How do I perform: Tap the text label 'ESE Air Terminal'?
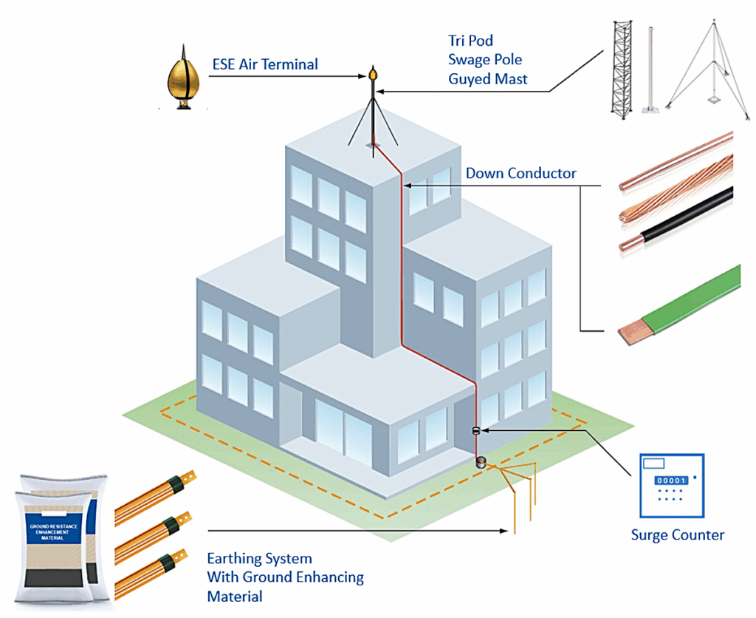click(265, 64)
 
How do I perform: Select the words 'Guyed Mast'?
click(487, 78)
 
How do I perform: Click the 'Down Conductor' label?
click(520, 174)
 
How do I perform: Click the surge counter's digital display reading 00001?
click(670, 481)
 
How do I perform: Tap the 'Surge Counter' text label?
click(677, 535)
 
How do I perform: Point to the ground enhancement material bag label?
click(52, 532)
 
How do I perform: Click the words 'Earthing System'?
click(259, 559)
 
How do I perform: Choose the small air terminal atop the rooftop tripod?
click(374, 75)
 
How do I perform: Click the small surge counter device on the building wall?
click(476, 430)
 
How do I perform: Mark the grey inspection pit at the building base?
click(481, 463)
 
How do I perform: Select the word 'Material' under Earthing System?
click(234, 596)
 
